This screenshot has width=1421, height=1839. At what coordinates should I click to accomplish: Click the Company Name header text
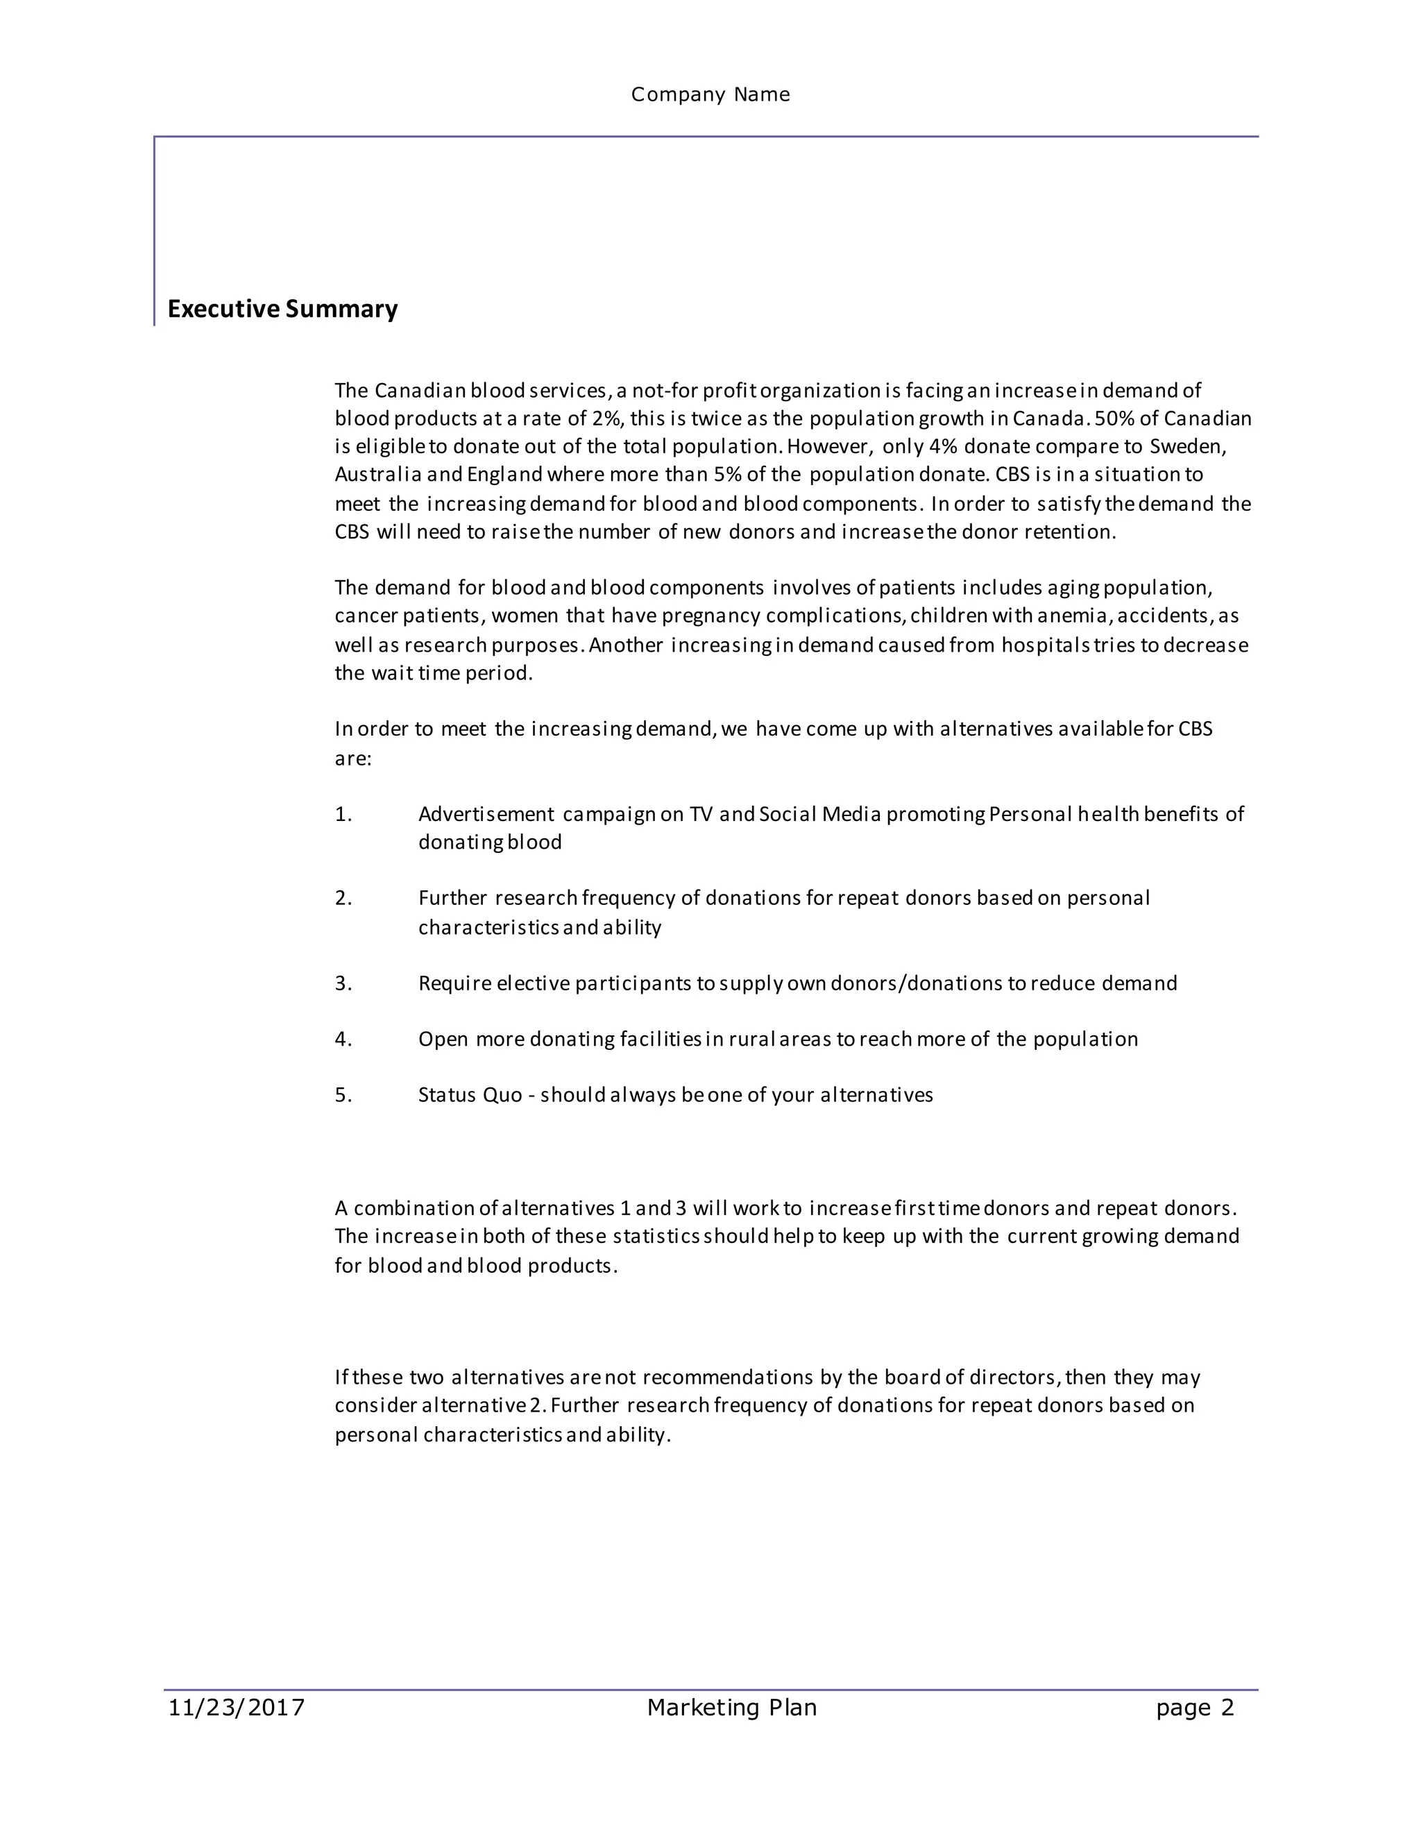click(710, 94)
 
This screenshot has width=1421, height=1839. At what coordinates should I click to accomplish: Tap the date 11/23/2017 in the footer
click(237, 1708)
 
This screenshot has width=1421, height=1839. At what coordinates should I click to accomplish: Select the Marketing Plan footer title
click(731, 1708)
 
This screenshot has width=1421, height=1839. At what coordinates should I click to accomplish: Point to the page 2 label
click(1195, 1708)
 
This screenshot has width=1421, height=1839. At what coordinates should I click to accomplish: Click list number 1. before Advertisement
click(343, 814)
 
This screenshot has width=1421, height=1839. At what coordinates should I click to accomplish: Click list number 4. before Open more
click(343, 1039)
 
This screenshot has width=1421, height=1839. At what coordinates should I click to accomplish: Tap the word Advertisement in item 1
click(486, 814)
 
